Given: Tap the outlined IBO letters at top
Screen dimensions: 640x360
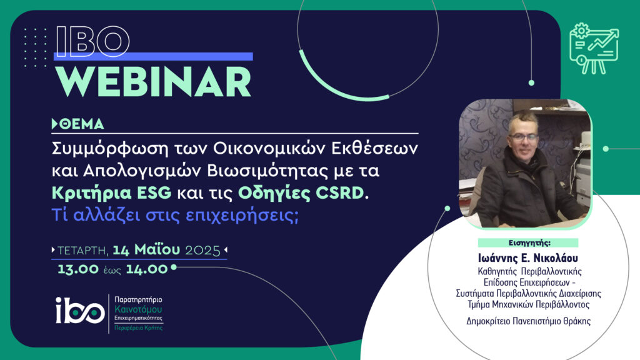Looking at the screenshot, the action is pos(92,41).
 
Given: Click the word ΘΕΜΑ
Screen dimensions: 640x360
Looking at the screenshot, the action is pos(82,124).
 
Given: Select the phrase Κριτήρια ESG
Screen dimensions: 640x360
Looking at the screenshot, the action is pos(111,192).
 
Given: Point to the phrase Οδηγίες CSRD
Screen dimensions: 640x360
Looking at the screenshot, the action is pos(301,192).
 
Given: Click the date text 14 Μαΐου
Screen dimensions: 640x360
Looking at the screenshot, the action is pos(146,249).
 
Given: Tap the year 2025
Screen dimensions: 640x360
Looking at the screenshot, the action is pos(203,250).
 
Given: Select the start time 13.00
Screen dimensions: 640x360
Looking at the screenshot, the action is pos(78,269).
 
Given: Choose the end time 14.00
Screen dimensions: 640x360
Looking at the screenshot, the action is pos(146,269).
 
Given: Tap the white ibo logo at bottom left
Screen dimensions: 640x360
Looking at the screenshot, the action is pos(80,310).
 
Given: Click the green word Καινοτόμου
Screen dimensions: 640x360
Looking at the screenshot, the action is pos(138,309).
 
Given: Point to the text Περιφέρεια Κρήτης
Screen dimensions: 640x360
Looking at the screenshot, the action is pos(138,327).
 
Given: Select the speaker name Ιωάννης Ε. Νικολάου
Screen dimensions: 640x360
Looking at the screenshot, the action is pos(528,258).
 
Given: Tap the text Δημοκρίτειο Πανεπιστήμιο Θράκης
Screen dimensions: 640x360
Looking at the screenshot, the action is pos(529,321).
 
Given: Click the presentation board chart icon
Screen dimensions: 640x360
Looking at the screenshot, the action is pos(594,49).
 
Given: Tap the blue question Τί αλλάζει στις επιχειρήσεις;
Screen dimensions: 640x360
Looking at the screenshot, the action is pos(175,215).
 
